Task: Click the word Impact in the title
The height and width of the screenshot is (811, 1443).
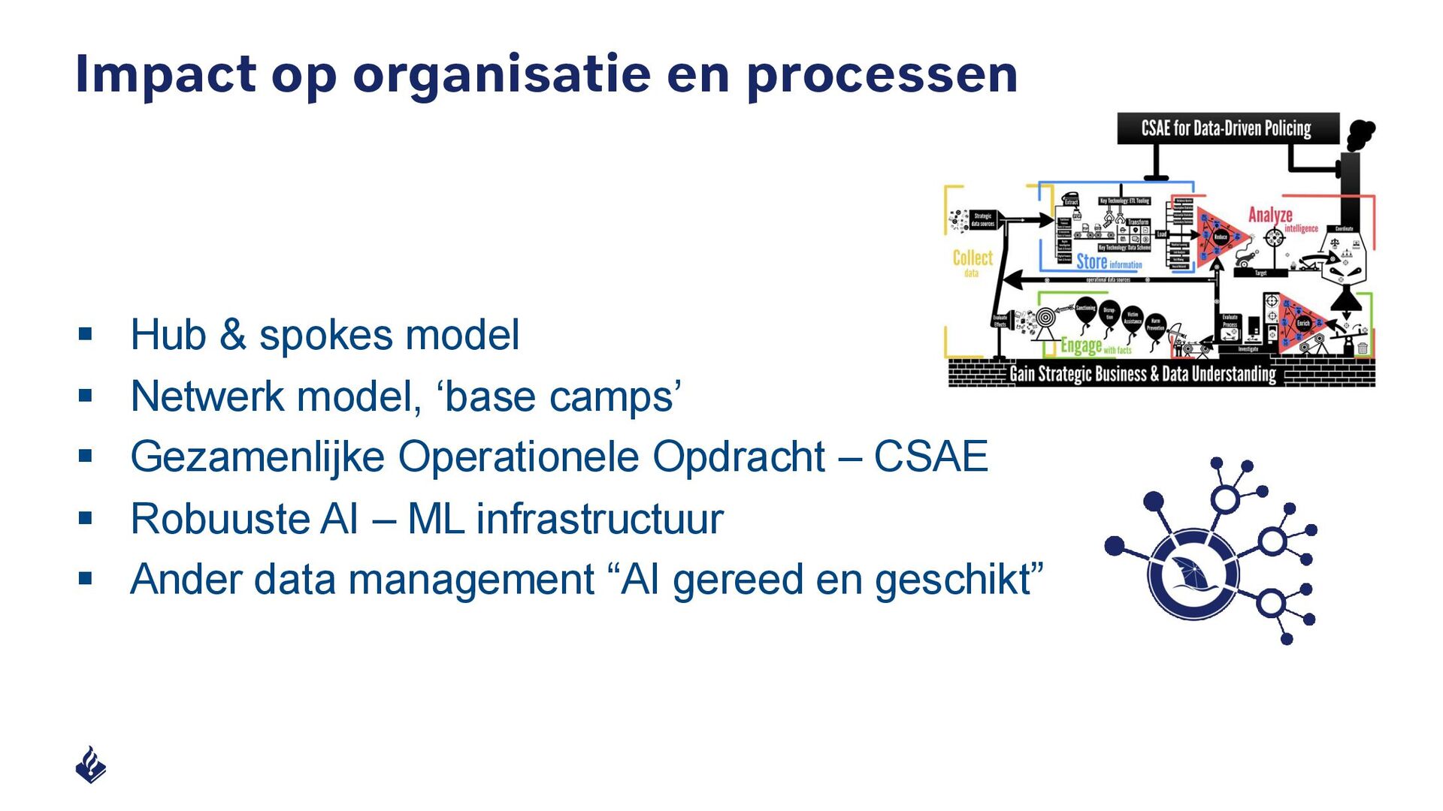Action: [165, 75]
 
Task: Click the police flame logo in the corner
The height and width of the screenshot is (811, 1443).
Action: [91, 764]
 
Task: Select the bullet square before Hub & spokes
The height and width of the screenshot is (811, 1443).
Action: [85, 333]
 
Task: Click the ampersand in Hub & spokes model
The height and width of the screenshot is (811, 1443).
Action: [233, 335]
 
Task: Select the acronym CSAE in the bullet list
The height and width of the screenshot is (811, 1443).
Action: [930, 457]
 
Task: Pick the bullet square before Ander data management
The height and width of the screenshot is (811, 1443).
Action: [85, 578]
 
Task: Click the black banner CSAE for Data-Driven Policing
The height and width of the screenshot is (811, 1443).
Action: [1226, 128]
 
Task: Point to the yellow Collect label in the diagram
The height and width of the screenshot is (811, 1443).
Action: [973, 258]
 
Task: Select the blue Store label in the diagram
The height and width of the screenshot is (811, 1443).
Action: [1092, 261]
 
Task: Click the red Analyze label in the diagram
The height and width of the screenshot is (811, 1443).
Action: [1270, 215]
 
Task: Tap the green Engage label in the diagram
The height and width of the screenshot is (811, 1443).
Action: [1081, 345]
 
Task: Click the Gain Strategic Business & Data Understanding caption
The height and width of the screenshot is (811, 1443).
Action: [1142, 374]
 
